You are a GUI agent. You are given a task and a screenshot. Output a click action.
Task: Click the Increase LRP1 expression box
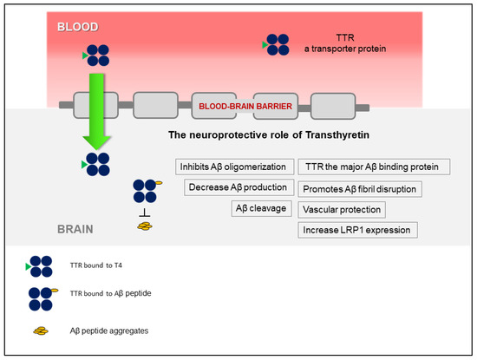pyautogui.click(x=358, y=230)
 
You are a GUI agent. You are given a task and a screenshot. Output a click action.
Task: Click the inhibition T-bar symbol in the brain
pyautogui.click(x=144, y=213)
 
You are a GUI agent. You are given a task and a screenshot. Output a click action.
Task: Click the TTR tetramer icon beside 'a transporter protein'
pyautogui.click(x=277, y=44)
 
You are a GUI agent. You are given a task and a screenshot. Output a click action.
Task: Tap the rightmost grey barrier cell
pyautogui.click(x=332, y=107)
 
